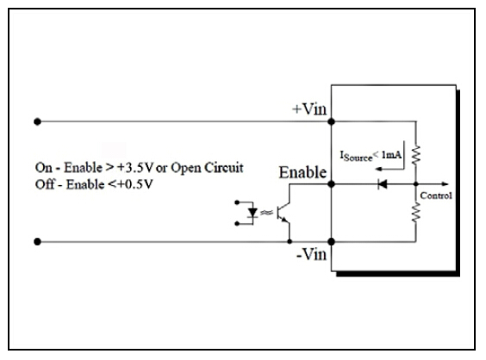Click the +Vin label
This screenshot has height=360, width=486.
[309, 109]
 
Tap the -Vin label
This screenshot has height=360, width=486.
[311, 254]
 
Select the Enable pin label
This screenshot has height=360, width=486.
[302, 172]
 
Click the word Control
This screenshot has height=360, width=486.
[436, 196]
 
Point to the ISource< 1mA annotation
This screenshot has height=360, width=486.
[371, 156]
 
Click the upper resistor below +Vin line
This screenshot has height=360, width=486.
[416, 154]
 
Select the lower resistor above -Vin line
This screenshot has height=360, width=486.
[416, 212]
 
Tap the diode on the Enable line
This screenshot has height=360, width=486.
[383, 184]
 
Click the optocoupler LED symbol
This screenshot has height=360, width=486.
[253, 213]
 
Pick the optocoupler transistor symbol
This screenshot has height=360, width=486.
[283, 213]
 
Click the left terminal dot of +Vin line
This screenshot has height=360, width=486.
[38, 121]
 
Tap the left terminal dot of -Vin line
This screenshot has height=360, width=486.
[38, 242]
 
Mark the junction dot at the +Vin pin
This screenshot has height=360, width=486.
[332, 121]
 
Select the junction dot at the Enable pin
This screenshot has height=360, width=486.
[332, 184]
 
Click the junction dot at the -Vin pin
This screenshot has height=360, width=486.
[332, 242]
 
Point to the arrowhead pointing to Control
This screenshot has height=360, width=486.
[445, 184]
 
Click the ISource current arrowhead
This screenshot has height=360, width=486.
[378, 169]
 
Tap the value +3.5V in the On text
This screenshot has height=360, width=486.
[135, 168]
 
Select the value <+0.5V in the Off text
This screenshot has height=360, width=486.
[130, 184]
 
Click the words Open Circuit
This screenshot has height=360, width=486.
[207, 168]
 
